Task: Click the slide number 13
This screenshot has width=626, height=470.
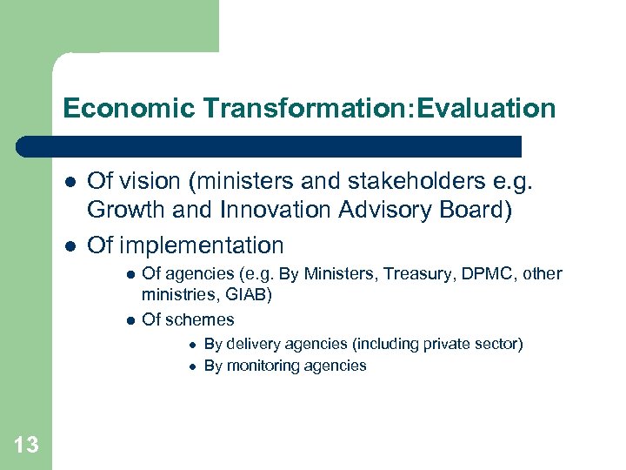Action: click(26, 446)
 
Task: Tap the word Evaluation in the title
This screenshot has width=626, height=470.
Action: click(488, 109)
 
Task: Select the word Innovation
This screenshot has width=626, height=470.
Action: click(273, 209)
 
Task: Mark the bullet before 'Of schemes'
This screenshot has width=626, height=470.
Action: click(130, 320)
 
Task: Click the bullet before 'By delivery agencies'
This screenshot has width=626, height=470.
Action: click(192, 345)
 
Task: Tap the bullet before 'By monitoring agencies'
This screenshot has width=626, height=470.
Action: click(192, 366)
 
